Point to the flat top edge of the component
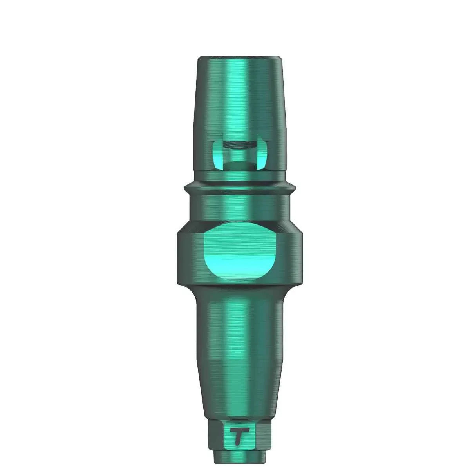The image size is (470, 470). [x=239, y=58]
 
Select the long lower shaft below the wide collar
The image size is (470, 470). [x=239, y=352]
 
